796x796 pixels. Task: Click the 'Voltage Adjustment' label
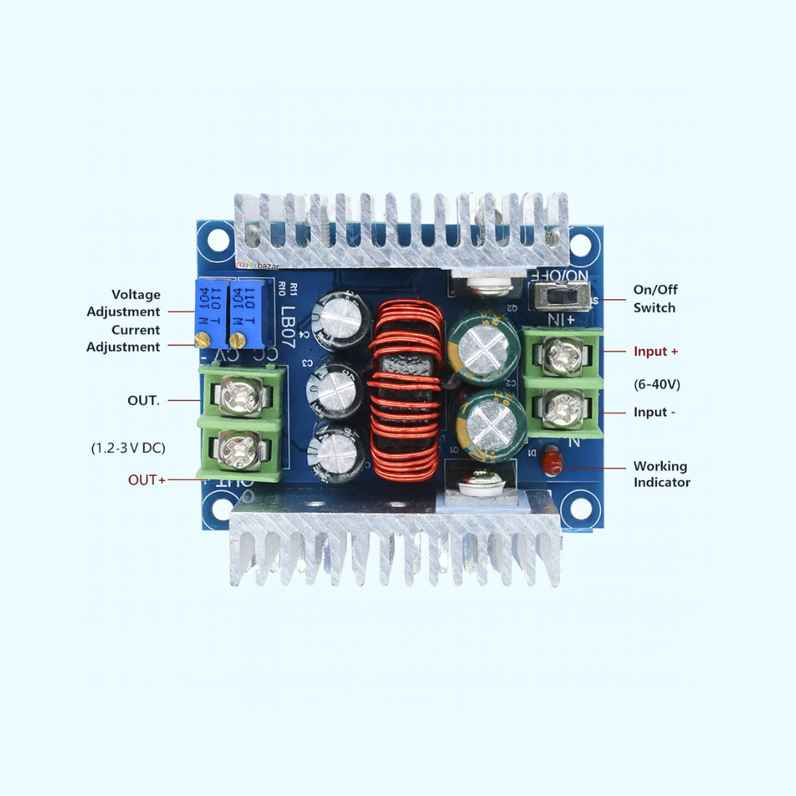pos(123,303)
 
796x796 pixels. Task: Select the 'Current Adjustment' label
pos(123,338)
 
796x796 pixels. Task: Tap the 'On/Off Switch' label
pos(654,298)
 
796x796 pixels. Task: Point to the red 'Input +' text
pos(656,351)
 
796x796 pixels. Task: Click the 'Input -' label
pos(655,412)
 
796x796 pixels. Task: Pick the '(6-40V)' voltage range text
pos(657,384)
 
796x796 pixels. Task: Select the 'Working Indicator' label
pos(661,474)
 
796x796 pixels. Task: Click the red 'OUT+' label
pos(147,480)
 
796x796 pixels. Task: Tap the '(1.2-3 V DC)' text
pos(128,448)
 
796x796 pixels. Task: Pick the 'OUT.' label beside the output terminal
pos(143,400)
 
